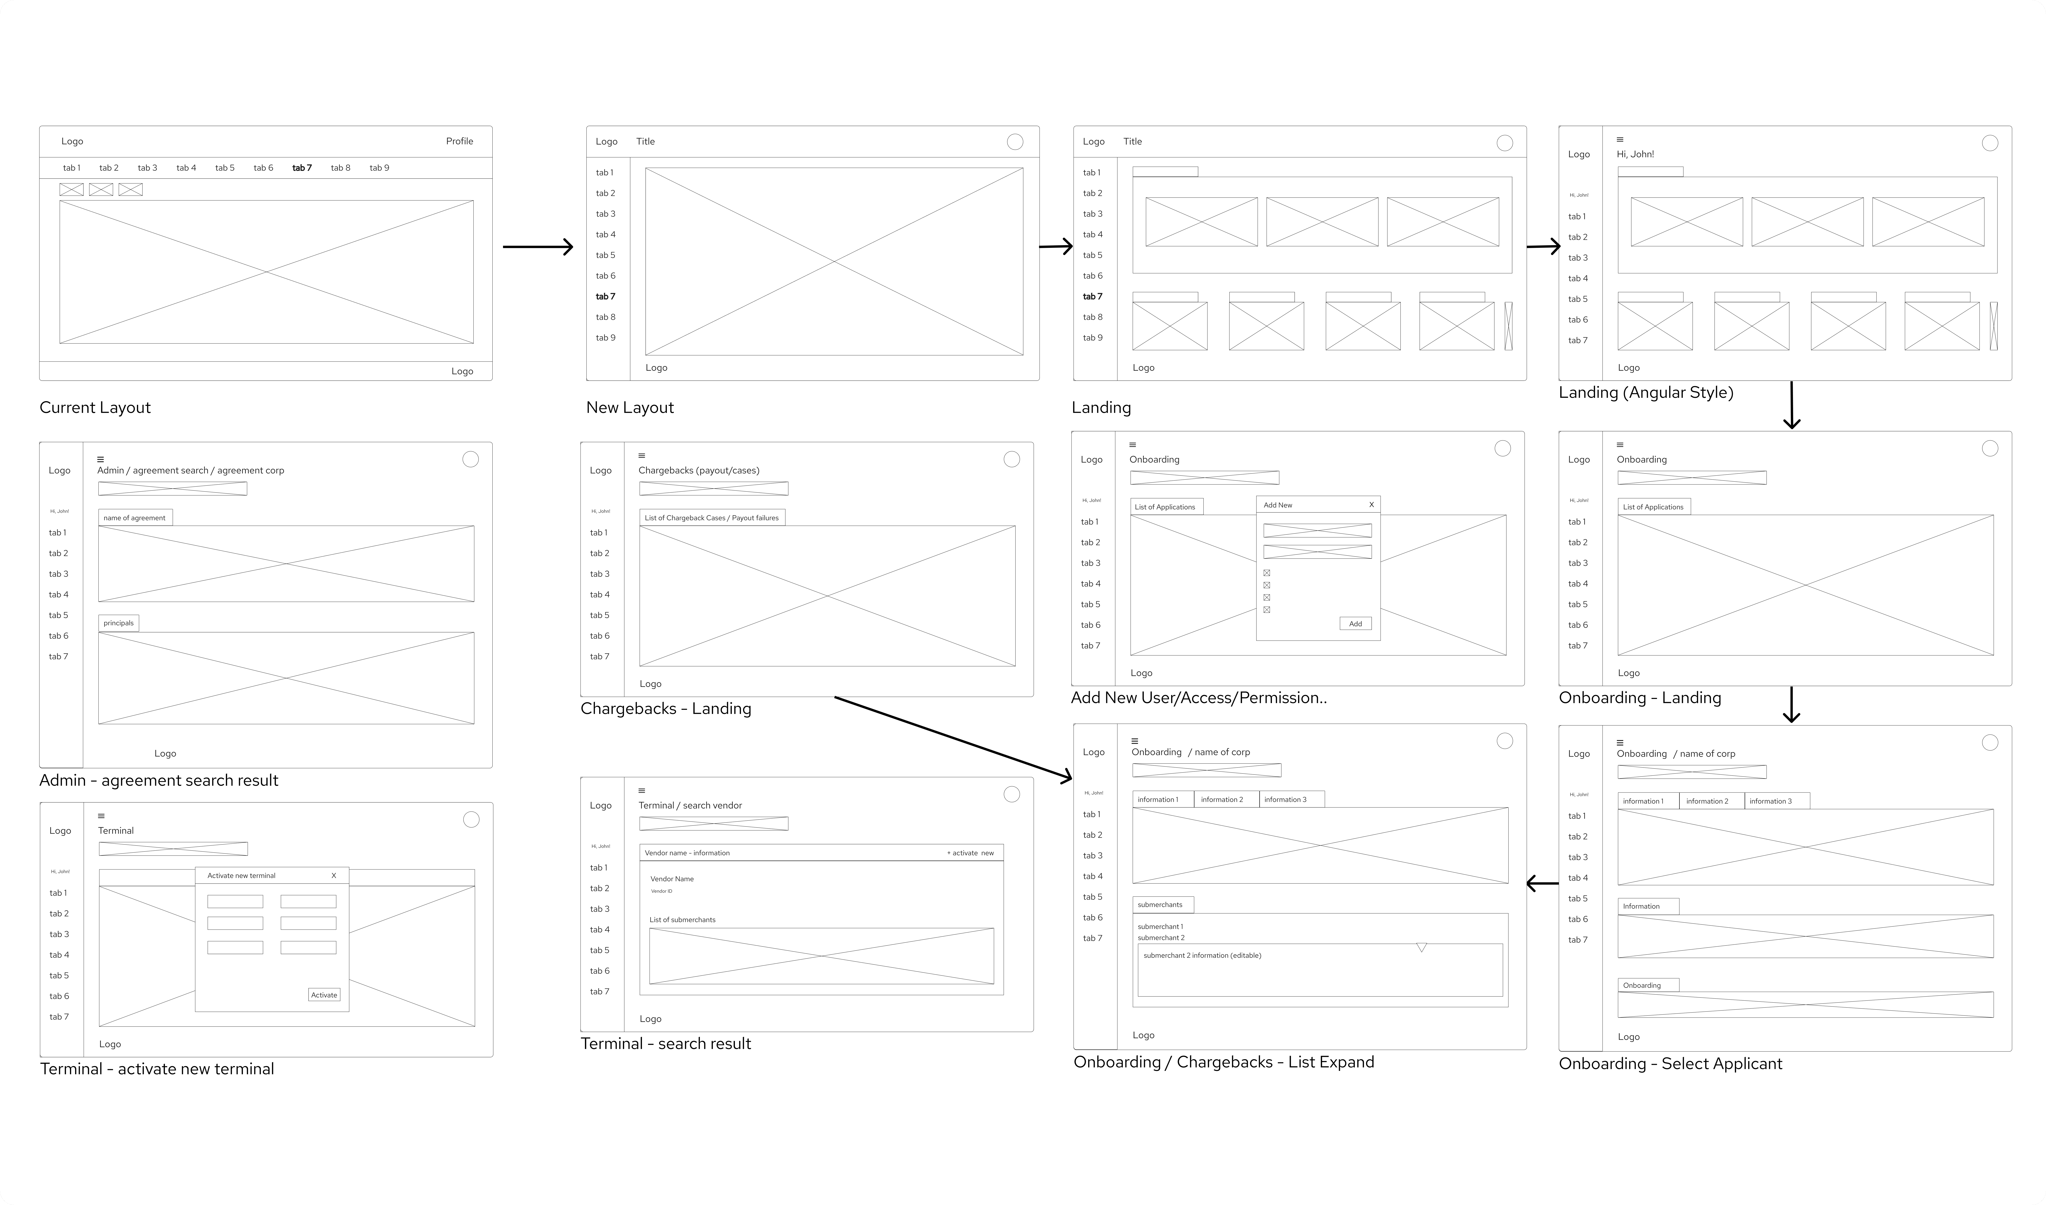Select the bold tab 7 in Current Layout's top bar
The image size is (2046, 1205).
coord(302,168)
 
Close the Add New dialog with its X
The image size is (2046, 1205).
coord(1371,505)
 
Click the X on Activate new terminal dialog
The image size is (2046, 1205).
coord(334,875)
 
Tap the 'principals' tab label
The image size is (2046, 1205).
coord(118,624)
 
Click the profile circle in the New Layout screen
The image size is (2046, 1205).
coord(1015,142)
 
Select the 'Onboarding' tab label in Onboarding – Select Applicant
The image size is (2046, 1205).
coord(1642,986)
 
